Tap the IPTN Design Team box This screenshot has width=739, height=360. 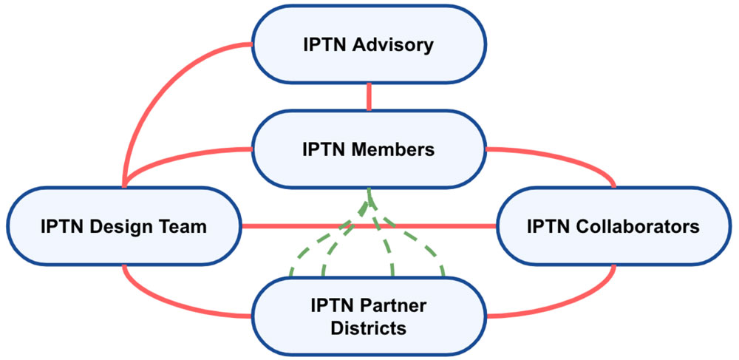(123, 226)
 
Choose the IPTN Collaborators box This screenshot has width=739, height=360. (613, 226)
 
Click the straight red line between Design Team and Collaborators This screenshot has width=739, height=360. (369, 225)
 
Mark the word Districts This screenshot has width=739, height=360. (368, 327)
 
